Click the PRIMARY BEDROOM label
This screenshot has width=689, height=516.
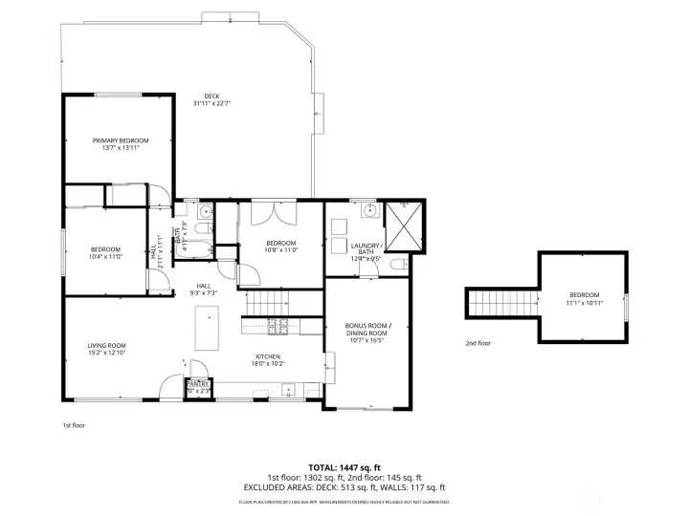click(x=121, y=140)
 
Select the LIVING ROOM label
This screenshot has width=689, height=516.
click(x=108, y=345)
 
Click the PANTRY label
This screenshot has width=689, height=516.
click(x=197, y=383)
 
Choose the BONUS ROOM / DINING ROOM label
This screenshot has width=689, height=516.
click(x=368, y=326)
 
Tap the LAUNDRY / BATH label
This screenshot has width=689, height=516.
click(x=367, y=246)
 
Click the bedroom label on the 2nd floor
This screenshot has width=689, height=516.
click(x=584, y=294)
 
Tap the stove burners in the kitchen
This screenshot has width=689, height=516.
click(x=278, y=327)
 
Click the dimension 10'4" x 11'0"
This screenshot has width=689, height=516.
click(x=105, y=257)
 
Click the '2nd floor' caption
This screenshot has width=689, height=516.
click(x=478, y=342)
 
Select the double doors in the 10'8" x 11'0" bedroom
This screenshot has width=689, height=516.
click(x=267, y=212)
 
